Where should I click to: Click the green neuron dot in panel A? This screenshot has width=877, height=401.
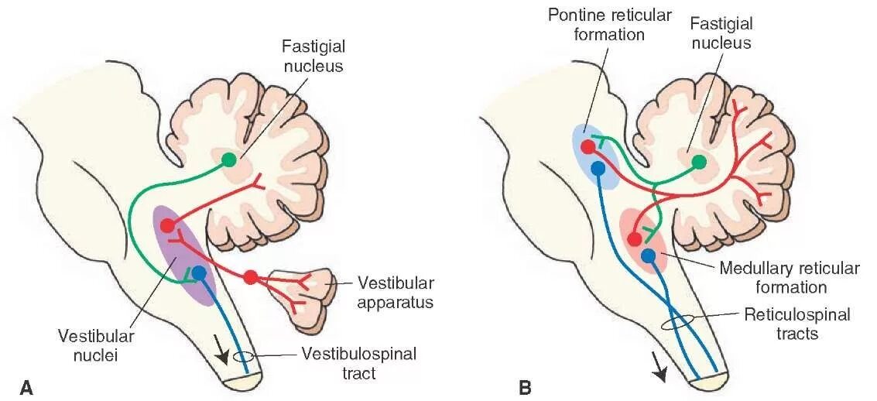coord(228,159)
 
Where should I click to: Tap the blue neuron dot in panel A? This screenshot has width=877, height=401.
coord(199,272)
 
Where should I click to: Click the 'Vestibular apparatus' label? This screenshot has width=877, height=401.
coord(396,292)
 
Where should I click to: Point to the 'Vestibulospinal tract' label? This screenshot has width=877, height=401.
coord(358,363)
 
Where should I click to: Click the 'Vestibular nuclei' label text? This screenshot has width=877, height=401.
coord(96,346)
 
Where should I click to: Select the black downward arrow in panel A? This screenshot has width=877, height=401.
coord(224,352)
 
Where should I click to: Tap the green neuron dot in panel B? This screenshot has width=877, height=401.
coord(699,161)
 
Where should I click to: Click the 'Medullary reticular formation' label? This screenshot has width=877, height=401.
coord(789,278)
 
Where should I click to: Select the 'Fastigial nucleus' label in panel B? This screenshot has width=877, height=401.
coord(720,33)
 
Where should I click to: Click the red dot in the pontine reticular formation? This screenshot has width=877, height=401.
coord(588,146)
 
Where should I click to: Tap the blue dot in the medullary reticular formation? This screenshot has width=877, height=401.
coord(649,255)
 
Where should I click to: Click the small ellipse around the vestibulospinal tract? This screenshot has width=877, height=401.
coord(243,358)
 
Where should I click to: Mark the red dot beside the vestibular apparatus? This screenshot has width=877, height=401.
coord(250,276)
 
